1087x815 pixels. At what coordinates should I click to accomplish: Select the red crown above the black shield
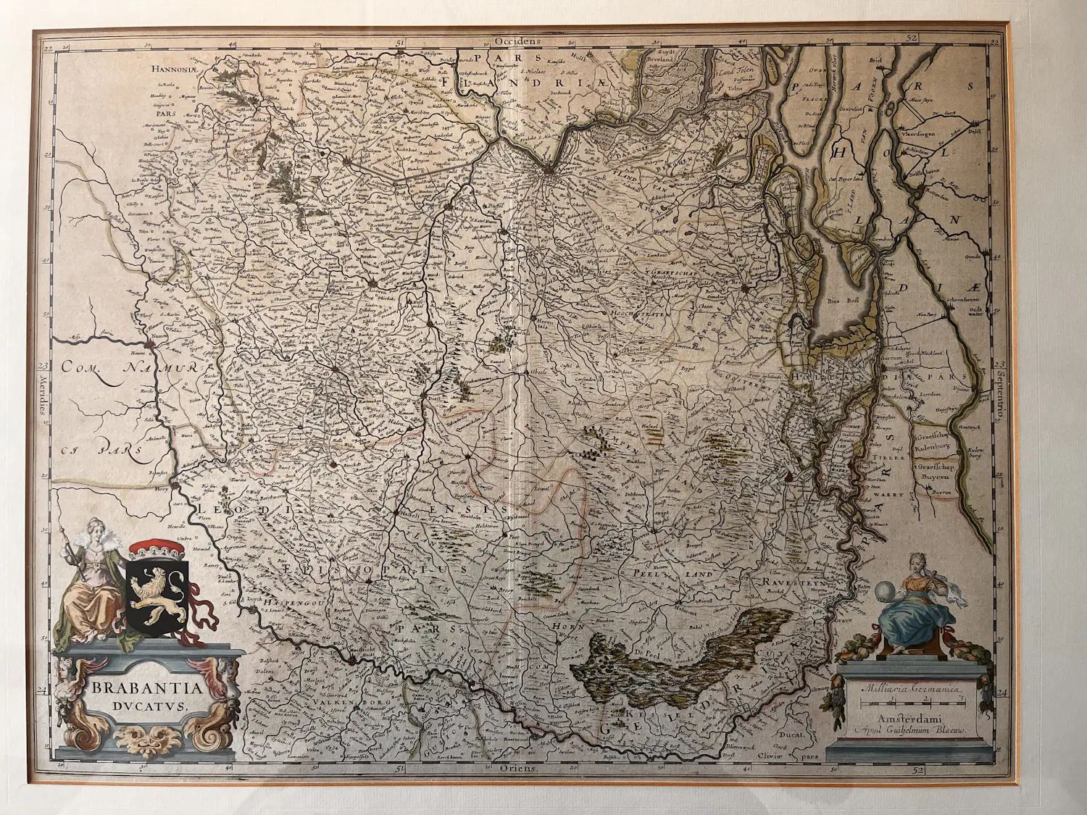(157, 548)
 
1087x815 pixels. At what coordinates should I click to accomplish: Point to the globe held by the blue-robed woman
(886, 593)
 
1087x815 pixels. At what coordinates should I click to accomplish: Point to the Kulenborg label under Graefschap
(933, 447)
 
